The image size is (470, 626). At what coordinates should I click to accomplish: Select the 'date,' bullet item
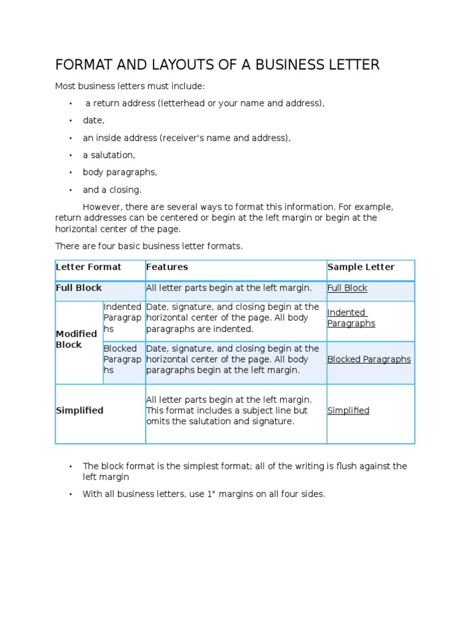94,120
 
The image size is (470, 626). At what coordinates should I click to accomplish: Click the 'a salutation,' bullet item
109,155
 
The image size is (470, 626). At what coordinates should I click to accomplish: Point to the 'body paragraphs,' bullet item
120,172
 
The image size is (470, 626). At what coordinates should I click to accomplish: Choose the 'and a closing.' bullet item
112,190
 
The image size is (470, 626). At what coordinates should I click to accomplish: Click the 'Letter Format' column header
89,267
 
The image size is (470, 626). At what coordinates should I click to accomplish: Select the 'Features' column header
167,267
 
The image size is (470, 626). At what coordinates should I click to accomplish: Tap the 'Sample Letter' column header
361,267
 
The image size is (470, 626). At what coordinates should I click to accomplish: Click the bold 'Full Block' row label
79,288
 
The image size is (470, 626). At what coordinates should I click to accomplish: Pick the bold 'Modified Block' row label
76,339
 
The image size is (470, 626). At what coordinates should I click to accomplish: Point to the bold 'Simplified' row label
80,411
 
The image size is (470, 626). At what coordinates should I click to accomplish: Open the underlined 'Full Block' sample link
347,288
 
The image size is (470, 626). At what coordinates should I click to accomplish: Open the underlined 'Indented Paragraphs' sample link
351,318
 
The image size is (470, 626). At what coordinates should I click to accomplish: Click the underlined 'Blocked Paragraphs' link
369,359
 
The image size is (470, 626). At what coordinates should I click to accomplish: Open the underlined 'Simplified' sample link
348,411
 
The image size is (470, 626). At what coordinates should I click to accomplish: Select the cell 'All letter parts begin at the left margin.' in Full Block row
229,288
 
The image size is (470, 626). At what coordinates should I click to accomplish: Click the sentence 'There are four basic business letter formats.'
149,246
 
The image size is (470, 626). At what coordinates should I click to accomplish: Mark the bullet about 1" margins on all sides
204,494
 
